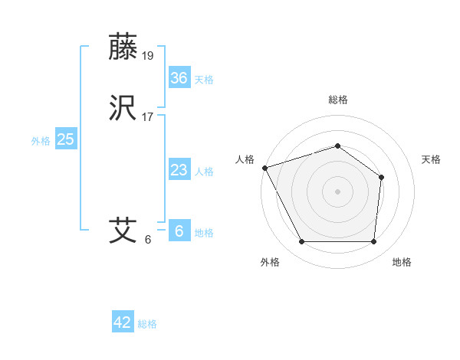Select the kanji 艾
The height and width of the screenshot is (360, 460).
tap(124, 230)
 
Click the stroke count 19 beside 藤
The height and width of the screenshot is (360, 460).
tap(149, 55)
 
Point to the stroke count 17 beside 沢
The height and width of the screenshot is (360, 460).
tap(149, 117)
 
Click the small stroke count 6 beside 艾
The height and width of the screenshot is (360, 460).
tap(148, 239)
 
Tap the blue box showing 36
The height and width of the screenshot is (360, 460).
tap(179, 77)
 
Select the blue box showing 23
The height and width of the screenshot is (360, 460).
tap(179, 170)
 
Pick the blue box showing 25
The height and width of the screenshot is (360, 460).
tap(66, 139)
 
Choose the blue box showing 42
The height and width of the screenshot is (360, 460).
tap(123, 322)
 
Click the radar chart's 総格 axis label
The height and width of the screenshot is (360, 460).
tap(338, 100)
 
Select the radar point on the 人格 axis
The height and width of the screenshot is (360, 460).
tap(264, 168)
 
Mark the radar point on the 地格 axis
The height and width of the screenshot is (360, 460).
tap(373, 242)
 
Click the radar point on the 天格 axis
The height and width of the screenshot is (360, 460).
tap(382, 178)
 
